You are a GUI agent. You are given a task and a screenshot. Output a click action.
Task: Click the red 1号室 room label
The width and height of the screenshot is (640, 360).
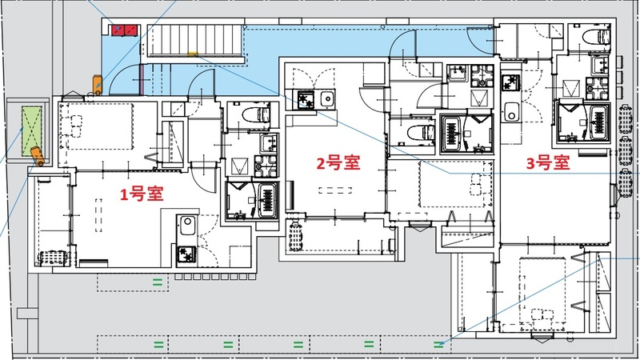[x=142, y=194]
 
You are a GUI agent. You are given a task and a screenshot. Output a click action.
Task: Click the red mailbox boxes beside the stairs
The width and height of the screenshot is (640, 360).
[x=125, y=30]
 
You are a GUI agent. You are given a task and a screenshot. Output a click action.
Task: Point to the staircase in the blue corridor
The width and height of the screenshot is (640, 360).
[x=196, y=40]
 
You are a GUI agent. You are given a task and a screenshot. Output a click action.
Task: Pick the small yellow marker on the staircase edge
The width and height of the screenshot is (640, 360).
[x=192, y=54]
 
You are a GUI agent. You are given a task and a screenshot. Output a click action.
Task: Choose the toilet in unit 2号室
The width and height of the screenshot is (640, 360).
[x=417, y=131]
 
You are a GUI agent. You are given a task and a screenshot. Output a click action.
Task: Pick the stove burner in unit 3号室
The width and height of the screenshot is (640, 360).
[x=509, y=82]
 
